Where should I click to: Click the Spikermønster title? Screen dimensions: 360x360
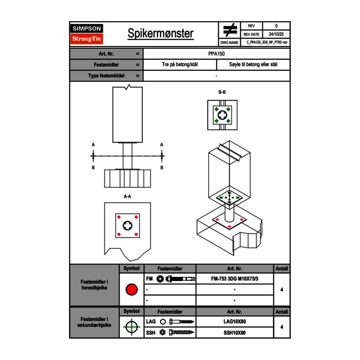tap(160, 34)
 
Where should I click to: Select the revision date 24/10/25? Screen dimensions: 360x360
tap(276, 34)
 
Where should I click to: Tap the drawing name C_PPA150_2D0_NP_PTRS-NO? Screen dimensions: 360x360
tap(267, 42)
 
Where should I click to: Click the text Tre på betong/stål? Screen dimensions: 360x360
tap(180, 65)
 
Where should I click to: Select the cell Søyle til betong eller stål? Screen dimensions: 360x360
tap(253, 65)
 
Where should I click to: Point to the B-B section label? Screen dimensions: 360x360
tap(222, 92)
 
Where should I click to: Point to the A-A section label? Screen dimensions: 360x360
tap(128, 196)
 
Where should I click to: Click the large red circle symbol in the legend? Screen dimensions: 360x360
tap(131, 290)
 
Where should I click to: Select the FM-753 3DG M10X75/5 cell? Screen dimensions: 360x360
tap(234, 279)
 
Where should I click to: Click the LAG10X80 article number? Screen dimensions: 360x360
tap(234, 322)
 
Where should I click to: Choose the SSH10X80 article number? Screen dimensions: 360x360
tap(234, 333)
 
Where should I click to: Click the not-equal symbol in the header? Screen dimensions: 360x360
tap(229, 30)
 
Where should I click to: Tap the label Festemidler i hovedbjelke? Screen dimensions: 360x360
tap(94, 285)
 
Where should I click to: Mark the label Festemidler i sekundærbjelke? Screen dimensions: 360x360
tap(94, 322)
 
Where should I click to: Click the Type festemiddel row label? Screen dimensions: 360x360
tap(106, 76)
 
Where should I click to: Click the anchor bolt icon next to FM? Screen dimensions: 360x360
tap(176, 279)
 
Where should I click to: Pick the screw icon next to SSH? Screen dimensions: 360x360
tap(180, 333)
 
